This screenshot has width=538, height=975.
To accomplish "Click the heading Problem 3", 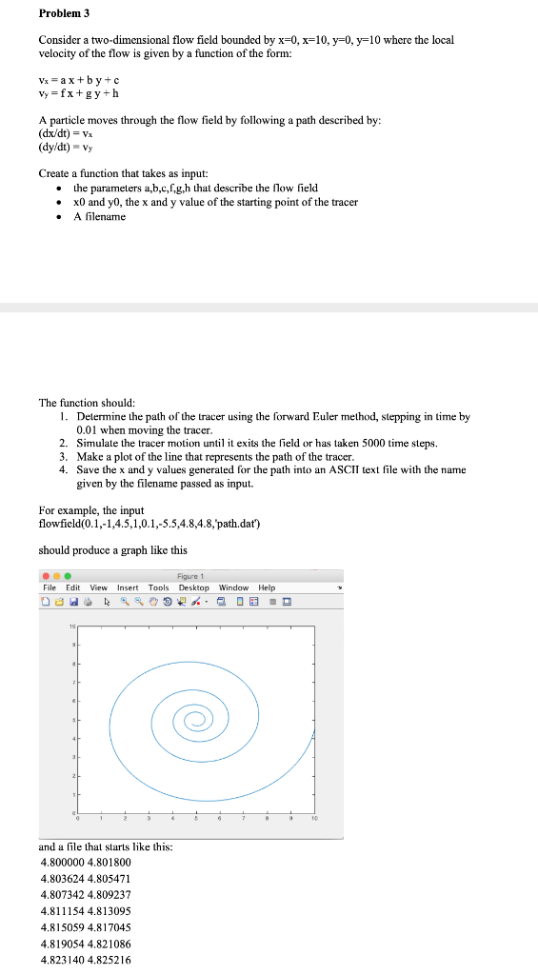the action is [x=64, y=14].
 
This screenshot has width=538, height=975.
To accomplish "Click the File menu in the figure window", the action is [x=49, y=587].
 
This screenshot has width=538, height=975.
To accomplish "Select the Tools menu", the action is [x=158, y=587].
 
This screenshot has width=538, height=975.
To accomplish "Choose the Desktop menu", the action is [x=194, y=587].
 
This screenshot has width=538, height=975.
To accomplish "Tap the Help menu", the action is [x=267, y=587].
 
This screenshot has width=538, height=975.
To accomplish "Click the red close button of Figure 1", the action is [x=45, y=576].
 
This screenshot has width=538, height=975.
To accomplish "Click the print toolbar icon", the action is [x=89, y=601].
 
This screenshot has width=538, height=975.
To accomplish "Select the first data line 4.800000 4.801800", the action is [x=86, y=861].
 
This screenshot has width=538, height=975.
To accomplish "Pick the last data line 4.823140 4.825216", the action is [x=86, y=960].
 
